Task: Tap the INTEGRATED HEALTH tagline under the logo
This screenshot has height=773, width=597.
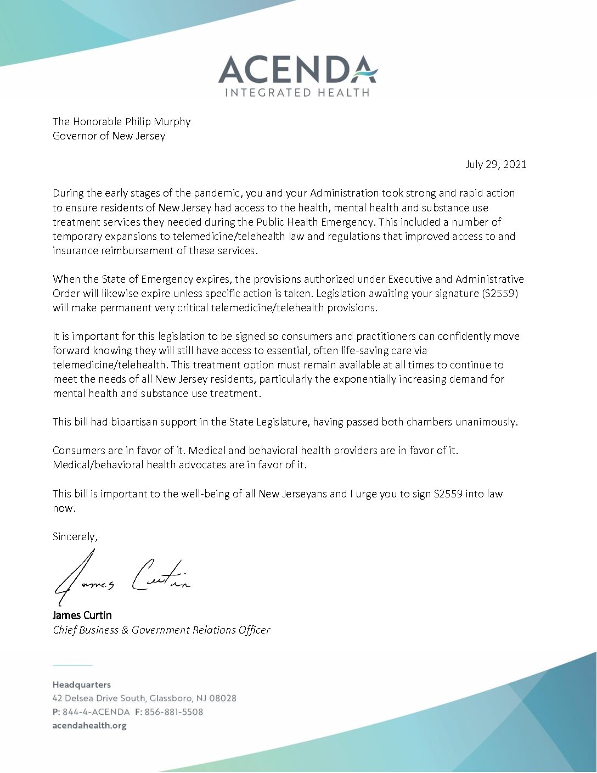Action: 297,92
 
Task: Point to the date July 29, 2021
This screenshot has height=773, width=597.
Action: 495,164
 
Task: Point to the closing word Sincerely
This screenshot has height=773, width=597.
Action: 75,536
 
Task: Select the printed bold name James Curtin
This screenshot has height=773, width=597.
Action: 82,615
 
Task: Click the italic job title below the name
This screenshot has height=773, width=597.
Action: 161,630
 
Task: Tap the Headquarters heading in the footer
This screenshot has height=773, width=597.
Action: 82,685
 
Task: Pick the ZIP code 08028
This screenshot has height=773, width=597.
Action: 223,698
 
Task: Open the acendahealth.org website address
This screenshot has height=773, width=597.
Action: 89,725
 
